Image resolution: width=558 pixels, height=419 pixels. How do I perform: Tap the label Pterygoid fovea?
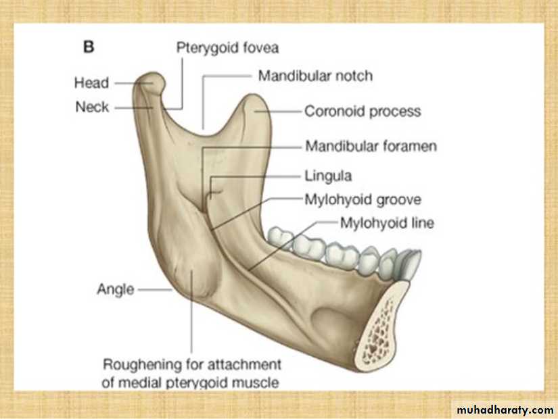click(227, 48)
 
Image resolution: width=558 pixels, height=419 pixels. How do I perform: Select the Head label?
click(91, 83)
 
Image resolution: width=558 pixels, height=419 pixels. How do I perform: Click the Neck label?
click(92, 107)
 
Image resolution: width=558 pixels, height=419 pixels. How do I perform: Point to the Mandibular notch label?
click(315, 76)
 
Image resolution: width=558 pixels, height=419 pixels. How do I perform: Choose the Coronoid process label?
click(363, 111)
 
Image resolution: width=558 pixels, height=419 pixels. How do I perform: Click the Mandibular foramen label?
click(371, 146)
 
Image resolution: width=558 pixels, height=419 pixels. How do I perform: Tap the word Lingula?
click(328, 176)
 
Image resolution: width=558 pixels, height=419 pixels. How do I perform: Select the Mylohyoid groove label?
click(363, 199)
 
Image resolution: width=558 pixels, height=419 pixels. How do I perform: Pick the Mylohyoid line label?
click(387, 222)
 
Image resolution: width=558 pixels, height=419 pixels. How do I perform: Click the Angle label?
click(115, 289)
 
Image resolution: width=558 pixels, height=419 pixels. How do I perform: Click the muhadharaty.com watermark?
click(505, 410)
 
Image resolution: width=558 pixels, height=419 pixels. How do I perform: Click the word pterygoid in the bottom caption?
click(207, 383)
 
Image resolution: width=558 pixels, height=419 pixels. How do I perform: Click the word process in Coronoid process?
click(398, 111)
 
